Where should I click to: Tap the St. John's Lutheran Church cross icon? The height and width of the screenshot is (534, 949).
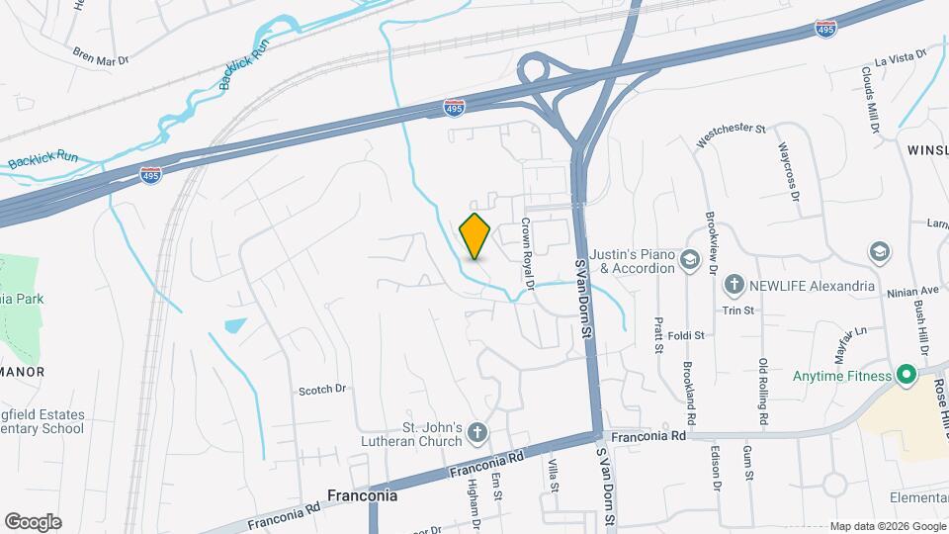pos(477,432)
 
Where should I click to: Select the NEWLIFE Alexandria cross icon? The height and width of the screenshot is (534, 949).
pos(733,286)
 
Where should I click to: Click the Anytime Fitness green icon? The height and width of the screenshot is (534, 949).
pos(904,375)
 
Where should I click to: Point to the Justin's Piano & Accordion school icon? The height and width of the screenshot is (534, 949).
pos(690,261)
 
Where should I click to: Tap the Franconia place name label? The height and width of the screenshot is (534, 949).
pos(362,495)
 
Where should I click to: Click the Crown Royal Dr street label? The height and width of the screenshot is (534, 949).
pos(527,254)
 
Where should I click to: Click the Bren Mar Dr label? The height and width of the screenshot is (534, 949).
pos(101,59)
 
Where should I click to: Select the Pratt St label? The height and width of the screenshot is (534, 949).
pos(657,334)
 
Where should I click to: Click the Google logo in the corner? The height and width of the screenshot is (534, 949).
pos(33,522)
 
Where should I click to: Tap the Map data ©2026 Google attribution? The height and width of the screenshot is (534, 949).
pos(887,526)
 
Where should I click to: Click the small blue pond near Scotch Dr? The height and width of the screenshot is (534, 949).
pos(235,325)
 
